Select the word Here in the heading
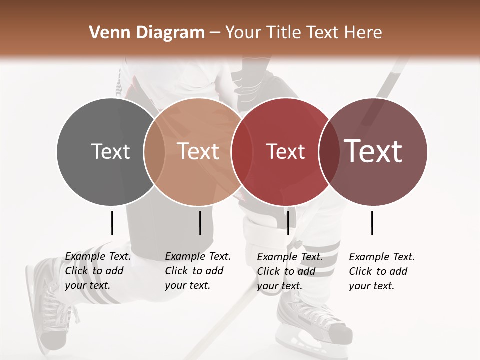click(x=363, y=33)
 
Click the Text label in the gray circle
click(x=110, y=151)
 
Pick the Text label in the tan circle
click(x=198, y=151)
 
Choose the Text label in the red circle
click(x=285, y=151)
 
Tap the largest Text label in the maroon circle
click(x=373, y=151)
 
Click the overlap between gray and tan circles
click(x=154, y=152)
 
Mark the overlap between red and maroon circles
click(x=329, y=152)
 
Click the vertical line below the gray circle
click(x=112, y=223)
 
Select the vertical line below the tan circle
click(x=200, y=223)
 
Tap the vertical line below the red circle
click(x=288, y=223)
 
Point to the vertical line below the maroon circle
click(x=372, y=223)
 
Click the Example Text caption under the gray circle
click(x=98, y=271)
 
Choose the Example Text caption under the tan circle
click(x=198, y=271)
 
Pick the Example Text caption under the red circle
click(x=290, y=271)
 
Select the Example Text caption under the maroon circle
click(x=382, y=271)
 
